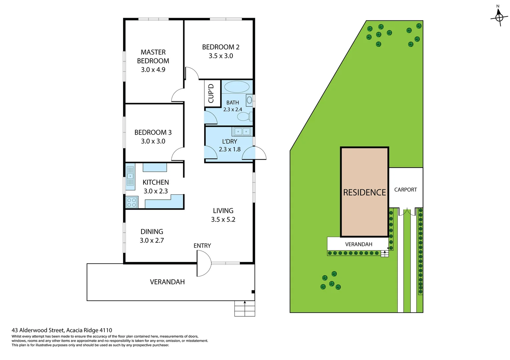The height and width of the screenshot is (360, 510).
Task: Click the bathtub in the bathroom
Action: pos(237,87)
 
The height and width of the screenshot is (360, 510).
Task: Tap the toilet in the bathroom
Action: pos(244,117)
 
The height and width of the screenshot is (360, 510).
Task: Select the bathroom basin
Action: pos(249,100)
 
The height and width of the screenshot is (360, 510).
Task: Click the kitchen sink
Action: pos(130,176)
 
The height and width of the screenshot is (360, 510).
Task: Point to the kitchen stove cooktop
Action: pos(132,202)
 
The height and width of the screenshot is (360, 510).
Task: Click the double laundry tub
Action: pos(242,132)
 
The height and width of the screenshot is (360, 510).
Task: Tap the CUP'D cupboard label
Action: pos(211,93)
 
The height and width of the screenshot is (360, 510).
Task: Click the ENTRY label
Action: pos(202,246)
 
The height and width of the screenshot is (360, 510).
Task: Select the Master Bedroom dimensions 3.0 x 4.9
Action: pos(153,70)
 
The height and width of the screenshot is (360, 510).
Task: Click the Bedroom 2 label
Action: pos(221,47)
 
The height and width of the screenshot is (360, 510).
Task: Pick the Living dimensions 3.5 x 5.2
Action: pos(223,219)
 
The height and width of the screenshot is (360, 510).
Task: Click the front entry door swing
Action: pos(203,263)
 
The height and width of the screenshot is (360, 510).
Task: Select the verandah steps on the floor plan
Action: pos(244,309)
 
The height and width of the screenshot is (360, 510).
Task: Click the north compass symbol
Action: pos(499,17)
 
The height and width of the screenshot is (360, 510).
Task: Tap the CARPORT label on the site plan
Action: pos(406,190)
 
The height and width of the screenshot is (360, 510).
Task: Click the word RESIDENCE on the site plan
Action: pos(365,192)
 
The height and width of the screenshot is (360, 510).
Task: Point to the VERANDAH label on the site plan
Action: pos(359,244)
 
